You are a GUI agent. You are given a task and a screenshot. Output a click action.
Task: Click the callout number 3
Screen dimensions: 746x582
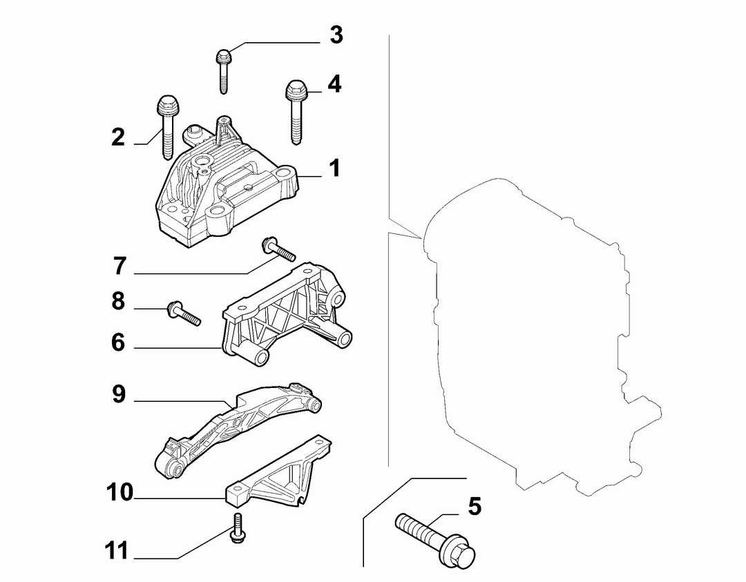tap(336, 35)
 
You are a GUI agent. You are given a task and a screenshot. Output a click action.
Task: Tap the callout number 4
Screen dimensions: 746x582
tap(334, 84)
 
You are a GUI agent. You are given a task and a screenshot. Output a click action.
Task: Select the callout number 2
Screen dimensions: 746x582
tap(118, 137)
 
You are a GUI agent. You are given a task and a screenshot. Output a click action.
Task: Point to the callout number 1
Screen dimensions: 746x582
tap(335, 168)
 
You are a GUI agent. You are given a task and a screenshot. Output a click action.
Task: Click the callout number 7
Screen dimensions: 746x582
tap(120, 266)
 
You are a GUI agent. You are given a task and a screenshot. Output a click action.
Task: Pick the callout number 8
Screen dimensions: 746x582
tap(118, 301)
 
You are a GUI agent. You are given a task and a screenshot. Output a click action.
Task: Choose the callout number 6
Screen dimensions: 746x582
tap(118, 342)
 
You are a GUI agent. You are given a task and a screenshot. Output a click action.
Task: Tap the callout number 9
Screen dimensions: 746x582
tap(119, 394)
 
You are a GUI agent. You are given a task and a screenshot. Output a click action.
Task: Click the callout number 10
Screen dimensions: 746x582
tap(119, 493)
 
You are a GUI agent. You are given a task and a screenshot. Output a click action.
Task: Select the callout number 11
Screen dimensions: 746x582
tap(117, 551)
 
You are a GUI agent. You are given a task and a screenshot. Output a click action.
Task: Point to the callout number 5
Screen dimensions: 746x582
tap(475, 506)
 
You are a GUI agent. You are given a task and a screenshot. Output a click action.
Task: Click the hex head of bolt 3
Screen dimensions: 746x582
tap(223, 57)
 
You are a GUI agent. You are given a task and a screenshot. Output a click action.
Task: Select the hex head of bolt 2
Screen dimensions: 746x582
tap(167, 106)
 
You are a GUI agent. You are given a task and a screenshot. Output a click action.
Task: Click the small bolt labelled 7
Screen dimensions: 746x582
tap(278, 249)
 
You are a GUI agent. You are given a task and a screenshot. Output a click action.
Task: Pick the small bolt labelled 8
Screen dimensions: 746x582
tap(184, 312)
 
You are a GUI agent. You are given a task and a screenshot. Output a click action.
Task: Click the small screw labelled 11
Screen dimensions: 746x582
tap(237, 527)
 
